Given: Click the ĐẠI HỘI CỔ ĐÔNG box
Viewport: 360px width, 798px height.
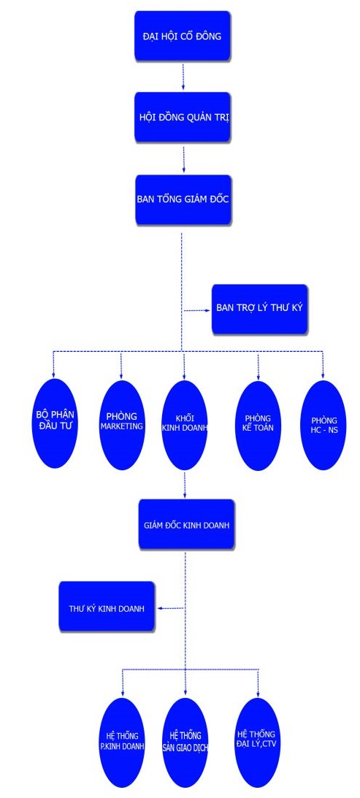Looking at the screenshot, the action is [183, 35].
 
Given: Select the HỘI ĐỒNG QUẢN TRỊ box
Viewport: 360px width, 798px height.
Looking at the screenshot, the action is [183, 117].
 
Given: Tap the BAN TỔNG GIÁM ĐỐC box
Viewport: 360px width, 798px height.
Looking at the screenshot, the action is [183, 199].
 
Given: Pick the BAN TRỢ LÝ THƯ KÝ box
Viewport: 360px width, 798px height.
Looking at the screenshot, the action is [260, 309].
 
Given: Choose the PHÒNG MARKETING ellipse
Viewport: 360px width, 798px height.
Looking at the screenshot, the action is [122, 424].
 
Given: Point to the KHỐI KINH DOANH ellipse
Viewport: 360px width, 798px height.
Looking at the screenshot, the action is [184, 425].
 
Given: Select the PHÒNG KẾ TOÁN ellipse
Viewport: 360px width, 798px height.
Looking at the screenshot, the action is [258, 425].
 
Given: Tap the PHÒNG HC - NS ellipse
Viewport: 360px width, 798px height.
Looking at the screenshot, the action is [323, 425].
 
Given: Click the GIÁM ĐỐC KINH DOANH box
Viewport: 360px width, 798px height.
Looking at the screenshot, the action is [186, 524].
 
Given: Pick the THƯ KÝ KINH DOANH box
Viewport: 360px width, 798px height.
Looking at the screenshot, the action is [107, 607].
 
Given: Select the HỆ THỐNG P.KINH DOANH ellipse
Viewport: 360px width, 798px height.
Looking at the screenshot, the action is [122, 742].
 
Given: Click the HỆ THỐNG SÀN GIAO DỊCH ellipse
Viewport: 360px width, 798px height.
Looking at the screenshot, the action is [185, 742].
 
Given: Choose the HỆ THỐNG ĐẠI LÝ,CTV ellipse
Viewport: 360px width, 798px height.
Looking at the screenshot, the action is [256, 742].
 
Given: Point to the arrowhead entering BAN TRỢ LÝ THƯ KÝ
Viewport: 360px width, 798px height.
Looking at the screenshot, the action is [208, 310].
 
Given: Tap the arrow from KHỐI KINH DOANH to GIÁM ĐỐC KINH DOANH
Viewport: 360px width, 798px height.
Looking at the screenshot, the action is [184, 484].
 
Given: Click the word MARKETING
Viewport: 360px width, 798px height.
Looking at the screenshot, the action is [122, 426].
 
